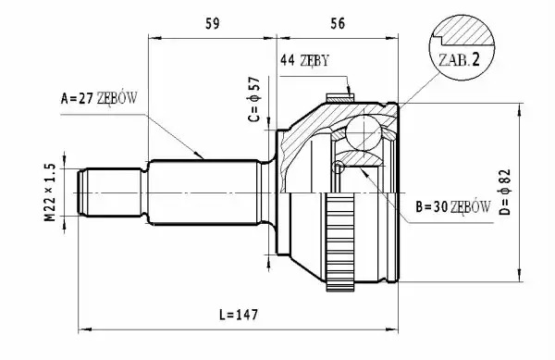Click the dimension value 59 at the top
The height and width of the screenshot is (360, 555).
tap(213, 23)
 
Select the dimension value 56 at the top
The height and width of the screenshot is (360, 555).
tap(338, 23)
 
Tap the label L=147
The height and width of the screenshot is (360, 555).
tap(239, 315)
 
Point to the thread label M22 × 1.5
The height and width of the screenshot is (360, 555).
tap(50, 192)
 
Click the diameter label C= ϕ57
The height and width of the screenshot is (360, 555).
tap(254, 100)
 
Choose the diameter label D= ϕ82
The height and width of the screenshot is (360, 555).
tap(504, 192)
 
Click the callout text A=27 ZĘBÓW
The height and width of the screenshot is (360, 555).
tap(99, 98)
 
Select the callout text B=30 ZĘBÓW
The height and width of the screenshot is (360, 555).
tap(453, 206)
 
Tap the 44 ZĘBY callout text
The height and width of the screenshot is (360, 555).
tap(304, 60)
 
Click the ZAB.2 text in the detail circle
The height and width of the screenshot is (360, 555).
tap(459, 60)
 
